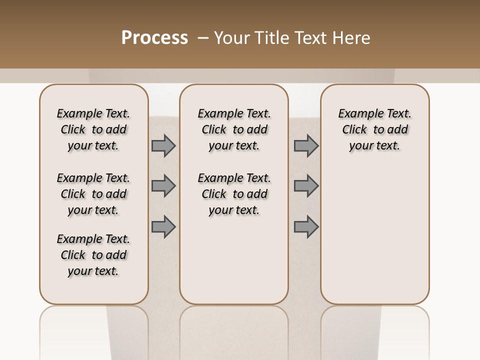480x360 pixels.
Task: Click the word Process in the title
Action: click(154, 38)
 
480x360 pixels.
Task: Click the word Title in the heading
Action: click(272, 38)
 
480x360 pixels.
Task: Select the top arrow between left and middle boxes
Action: click(163, 146)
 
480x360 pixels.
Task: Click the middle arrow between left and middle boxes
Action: click(163, 186)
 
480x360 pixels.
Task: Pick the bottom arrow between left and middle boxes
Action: click(163, 227)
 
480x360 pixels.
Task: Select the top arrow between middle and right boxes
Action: click(306, 146)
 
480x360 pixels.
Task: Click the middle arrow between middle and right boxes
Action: click(306, 186)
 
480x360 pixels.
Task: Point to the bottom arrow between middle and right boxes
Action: click(306, 227)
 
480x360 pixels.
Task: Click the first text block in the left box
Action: click(93, 130)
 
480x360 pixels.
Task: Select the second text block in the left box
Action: click(93, 194)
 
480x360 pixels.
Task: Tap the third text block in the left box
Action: click(93, 255)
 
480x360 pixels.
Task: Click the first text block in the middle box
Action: click(234, 130)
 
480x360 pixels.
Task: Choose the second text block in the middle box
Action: click(234, 194)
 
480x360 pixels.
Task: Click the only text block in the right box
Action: click(374, 130)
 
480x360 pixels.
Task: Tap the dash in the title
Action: click(203, 38)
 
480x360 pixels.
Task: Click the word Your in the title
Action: click(231, 38)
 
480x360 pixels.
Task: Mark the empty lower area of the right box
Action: click(374, 235)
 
